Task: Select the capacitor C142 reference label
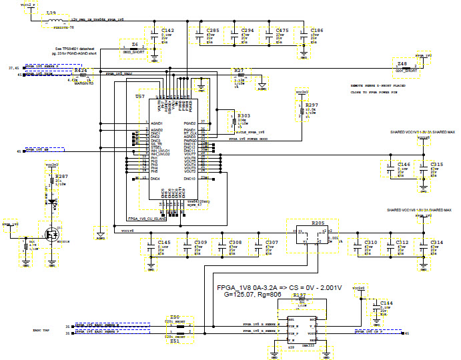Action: coord(168,31)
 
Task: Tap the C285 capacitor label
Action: coord(213,31)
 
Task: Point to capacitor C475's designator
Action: coord(282,31)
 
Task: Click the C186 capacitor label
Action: coord(317,31)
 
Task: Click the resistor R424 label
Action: coord(81,69)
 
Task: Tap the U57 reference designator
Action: coord(141,96)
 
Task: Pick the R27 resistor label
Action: coord(239,70)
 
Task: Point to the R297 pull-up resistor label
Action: coord(312,105)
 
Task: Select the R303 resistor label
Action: coord(244,115)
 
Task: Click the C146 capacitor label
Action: coord(404,164)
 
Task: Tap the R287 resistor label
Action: coord(62,177)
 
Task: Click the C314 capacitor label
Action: coord(436,242)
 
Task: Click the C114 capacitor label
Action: coord(386,303)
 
